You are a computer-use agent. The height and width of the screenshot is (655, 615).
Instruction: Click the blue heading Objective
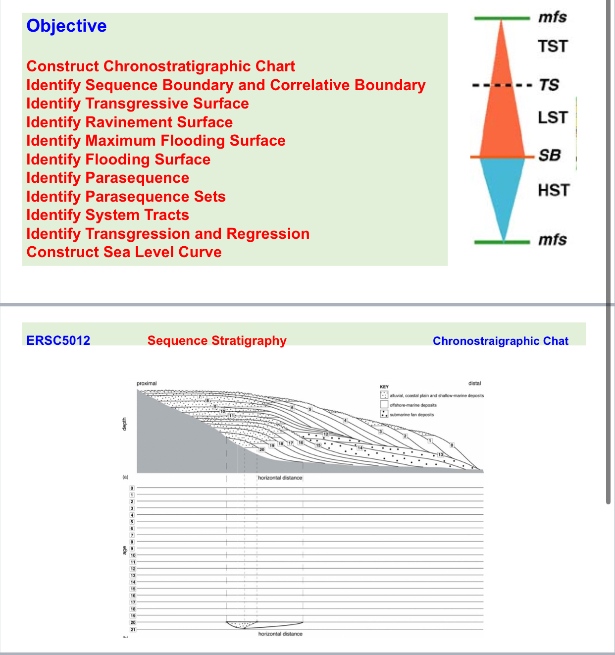click(66, 26)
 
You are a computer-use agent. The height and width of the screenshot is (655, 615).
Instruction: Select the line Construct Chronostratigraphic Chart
click(160, 66)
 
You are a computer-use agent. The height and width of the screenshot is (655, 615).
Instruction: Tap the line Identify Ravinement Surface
click(129, 122)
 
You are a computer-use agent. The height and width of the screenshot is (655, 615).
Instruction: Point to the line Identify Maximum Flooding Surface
click(155, 141)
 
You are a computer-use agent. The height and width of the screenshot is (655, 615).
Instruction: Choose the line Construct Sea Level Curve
click(124, 252)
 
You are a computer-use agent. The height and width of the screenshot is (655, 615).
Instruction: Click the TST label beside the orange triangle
click(553, 47)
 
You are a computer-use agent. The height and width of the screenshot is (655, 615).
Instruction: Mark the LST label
click(553, 118)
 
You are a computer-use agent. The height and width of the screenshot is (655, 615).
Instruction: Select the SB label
click(550, 156)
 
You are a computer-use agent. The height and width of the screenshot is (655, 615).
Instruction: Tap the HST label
click(554, 191)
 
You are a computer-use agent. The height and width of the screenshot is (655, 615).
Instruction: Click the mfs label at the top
click(553, 17)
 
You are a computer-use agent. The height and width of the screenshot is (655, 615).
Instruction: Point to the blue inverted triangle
click(503, 193)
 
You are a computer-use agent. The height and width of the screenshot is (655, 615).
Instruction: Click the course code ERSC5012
click(58, 341)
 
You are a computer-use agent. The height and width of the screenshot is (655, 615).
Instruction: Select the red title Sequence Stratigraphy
click(217, 341)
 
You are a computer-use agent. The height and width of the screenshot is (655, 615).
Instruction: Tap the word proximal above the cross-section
click(147, 383)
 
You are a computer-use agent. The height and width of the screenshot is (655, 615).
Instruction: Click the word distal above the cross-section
click(474, 383)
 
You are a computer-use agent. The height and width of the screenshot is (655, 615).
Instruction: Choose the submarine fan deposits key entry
click(411, 415)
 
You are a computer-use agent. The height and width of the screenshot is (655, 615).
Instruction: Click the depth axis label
click(125, 424)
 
